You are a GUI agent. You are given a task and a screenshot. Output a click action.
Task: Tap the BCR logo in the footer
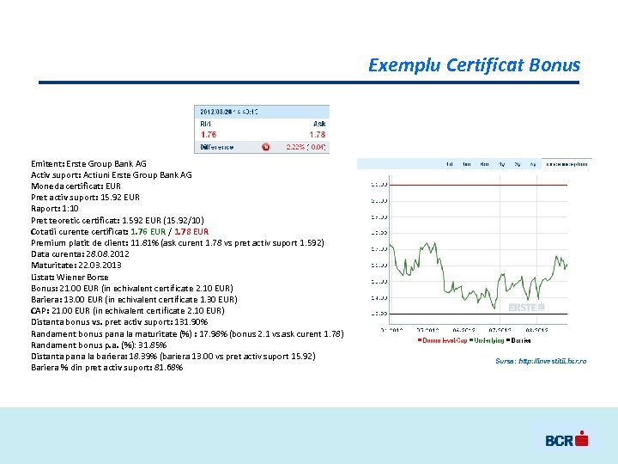pos(566,440)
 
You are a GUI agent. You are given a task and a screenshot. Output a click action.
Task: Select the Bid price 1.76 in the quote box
pos(209,134)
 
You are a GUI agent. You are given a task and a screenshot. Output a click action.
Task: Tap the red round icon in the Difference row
pos(265,147)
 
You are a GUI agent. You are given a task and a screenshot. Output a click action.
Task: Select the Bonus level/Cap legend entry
pos(442,341)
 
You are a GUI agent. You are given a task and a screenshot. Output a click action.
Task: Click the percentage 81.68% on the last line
pos(167,368)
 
